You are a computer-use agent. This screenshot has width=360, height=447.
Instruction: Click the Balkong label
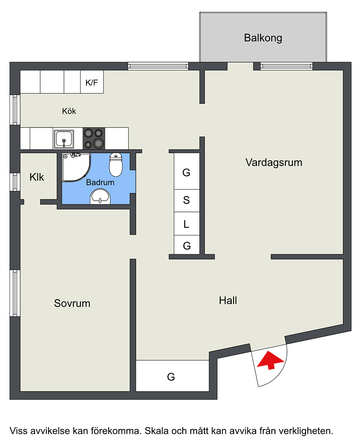pyautogui.click(x=263, y=38)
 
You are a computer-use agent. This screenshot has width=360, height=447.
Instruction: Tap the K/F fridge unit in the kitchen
pyautogui.click(x=92, y=82)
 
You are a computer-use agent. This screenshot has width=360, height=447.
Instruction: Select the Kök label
pyautogui.click(x=69, y=111)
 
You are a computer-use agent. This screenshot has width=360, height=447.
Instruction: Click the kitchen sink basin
pyautogui.click(x=64, y=139)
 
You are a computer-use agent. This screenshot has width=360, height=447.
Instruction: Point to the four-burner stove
pyautogui.click(x=94, y=138)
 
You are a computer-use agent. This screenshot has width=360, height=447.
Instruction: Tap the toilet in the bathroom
pyautogui.click(x=116, y=164)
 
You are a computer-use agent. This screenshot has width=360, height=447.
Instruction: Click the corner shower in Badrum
pyautogui.click(x=76, y=167)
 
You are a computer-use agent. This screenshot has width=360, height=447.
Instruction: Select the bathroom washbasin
pyautogui.click(x=100, y=197)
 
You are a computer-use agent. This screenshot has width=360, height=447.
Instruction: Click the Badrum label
pyautogui.click(x=100, y=182)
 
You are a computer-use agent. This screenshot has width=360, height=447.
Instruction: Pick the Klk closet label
pyautogui.click(x=37, y=177)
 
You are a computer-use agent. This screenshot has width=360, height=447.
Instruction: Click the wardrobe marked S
pyautogui.click(x=187, y=200)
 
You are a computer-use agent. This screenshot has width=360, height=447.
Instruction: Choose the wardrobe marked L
pyautogui.click(x=187, y=224)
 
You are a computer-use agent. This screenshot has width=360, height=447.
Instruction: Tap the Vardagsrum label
pyautogui.click(x=274, y=163)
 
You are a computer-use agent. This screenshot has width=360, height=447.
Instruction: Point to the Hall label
pyautogui.click(x=228, y=300)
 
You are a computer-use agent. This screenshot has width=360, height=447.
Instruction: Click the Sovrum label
pyautogui.click(x=72, y=303)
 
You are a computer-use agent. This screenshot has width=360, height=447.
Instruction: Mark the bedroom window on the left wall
pyautogui.click(x=15, y=293)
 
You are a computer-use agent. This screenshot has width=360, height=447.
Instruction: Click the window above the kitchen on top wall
pyautogui.click(x=158, y=66)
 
